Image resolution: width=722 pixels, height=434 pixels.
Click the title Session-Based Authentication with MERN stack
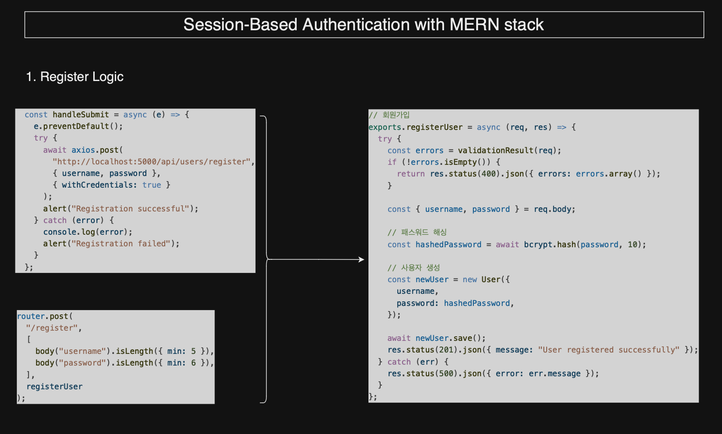point(363,25)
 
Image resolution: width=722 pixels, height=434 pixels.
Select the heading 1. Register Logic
point(75,77)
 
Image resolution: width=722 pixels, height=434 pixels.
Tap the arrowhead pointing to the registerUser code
point(361,259)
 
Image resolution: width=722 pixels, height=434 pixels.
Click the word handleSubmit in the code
point(80,115)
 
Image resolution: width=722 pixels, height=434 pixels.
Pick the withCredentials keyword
point(99,185)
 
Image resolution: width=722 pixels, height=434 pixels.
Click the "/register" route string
point(52,328)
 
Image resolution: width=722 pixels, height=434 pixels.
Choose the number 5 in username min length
point(194,351)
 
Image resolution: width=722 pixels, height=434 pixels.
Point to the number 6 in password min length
point(194,363)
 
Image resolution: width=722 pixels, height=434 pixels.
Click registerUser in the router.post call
point(54,387)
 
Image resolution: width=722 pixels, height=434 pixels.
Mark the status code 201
point(446,350)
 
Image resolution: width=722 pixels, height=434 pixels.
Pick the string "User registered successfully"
point(609,350)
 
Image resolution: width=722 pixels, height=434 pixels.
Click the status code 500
point(446,373)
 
